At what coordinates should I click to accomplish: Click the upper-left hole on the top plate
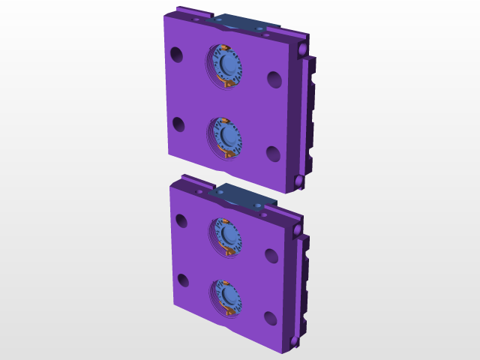coord(176,55)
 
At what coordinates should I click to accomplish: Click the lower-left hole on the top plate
coord(178,124)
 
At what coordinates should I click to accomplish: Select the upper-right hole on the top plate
coord(274,79)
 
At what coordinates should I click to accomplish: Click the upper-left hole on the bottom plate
coord(181,220)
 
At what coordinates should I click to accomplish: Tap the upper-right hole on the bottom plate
coord(272,256)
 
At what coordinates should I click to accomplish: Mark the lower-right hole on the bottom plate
coord(270,318)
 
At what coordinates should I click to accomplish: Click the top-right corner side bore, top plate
coord(302,47)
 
